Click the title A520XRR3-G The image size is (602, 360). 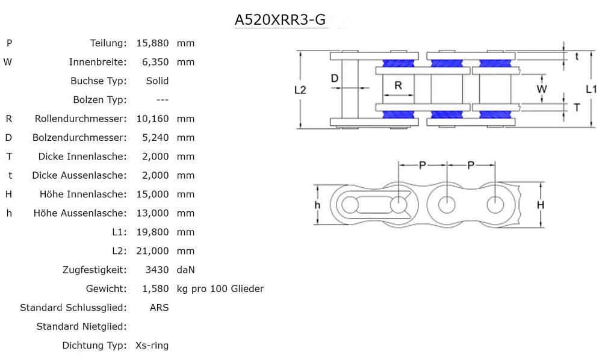tap(280, 19)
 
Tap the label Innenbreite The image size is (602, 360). tap(98, 62)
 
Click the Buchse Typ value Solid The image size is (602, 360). tap(157, 81)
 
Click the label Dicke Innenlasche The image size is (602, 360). tap(82, 157)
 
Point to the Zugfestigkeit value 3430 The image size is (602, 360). tap(158, 270)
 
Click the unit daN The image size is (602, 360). tap(186, 270)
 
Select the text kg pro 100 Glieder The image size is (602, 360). tap(220, 289)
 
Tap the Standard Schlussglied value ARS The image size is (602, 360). tap(159, 308)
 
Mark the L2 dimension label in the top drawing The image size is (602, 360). tap(300, 90)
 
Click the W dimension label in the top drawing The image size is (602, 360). tap(542, 89)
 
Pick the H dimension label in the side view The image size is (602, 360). tap(541, 205)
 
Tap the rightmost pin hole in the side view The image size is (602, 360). tap(495, 205)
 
